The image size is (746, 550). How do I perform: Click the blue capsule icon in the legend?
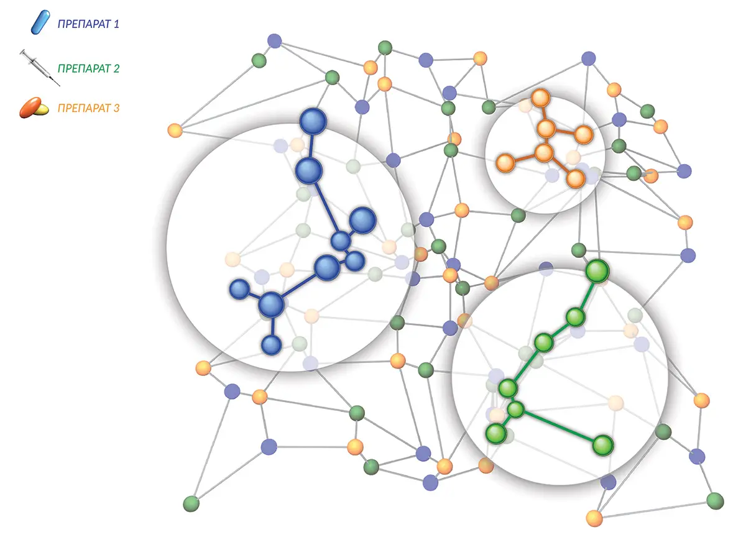(x=40, y=22)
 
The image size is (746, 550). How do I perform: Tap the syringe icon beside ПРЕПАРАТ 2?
(x=40, y=68)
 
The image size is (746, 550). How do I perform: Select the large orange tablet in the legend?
(x=30, y=107)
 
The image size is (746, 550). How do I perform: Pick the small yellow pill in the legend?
(x=42, y=109)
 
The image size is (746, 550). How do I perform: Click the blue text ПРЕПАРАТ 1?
(x=88, y=24)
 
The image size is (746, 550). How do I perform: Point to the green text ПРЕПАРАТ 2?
(x=88, y=68)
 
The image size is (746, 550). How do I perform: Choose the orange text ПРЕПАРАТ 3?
(x=88, y=108)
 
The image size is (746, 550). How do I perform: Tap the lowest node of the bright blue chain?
(x=272, y=345)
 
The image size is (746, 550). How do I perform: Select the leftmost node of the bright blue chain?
(x=239, y=289)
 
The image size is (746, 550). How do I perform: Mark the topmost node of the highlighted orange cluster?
(x=540, y=98)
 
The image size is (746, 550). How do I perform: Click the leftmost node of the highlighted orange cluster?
(x=505, y=163)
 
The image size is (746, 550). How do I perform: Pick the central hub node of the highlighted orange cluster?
(x=543, y=153)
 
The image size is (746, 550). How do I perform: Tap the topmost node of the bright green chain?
(x=597, y=272)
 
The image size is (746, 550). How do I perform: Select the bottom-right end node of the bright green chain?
(x=603, y=445)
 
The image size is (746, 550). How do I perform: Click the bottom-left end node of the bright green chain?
(x=496, y=434)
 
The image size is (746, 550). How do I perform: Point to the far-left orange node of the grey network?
(x=175, y=130)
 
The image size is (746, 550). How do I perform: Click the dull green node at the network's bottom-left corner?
(x=191, y=504)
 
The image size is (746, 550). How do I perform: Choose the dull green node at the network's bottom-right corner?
(x=715, y=501)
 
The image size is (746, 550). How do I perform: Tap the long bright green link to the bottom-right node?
(x=559, y=427)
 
